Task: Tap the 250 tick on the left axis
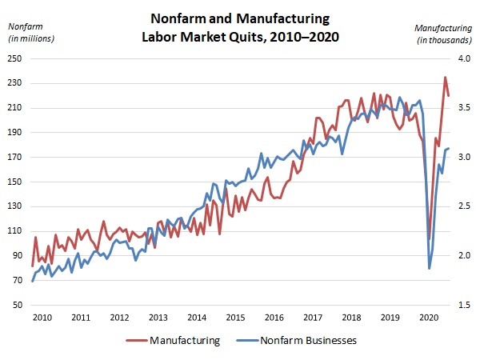pyautogui.click(x=14, y=58)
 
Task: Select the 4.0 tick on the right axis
pyautogui.click(x=463, y=58)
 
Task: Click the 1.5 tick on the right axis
pyautogui.click(x=463, y=306)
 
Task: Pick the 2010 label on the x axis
pyautogui.click(x=42, y=317)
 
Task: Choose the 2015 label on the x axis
pyautogui.click(x=236, y=317)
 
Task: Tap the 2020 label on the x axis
pyautogui.click(x=430, y=317)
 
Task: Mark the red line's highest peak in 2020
pyautogui.click(x=446, y=78)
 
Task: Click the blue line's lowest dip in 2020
pyautogui.click(x=430, y=268)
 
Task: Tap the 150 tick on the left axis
pyautogui.click(x=14, y=182)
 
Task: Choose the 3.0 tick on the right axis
pyautogui.click(x=463, y=158)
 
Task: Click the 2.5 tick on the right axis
pyautogui.click(x=463, y=206)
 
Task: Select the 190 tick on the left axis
pyautogui.click(x=14, y=133)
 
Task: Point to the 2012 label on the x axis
pyautogui.click(x=120, y=317)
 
